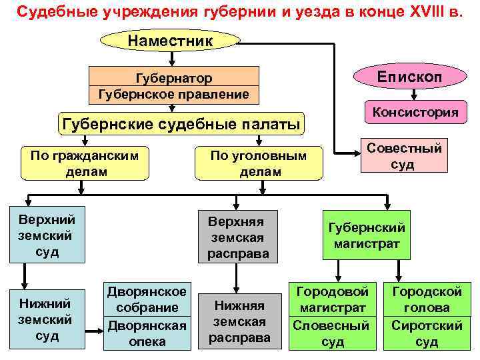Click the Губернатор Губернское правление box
click(x=174, y=86)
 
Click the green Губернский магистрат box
click(x=367, y=236)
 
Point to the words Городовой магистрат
click(x=332, y=299)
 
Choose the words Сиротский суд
click(x=427, y=333)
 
